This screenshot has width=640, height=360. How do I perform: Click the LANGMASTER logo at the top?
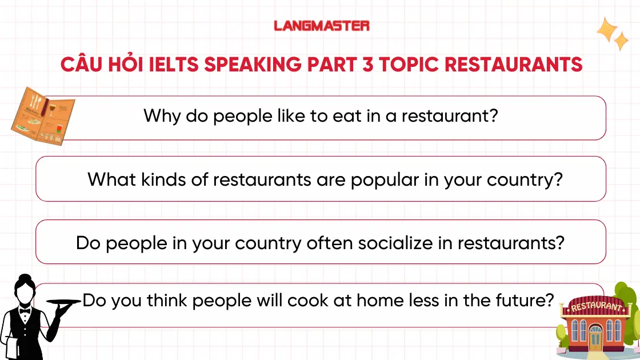pyautogui.click(x=321, y=26)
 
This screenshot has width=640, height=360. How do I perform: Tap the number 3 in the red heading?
pyautogui.click(x=365, y=63)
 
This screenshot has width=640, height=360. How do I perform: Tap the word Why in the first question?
pyautogui.click(x=162, y=116)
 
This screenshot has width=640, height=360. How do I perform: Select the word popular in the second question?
pyautogui.click(x=386, y=180)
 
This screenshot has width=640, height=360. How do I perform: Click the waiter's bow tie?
pyautogui.click(x=25, y=311)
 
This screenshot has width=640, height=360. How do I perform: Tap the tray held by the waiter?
pyautogui.click(x=64, y=301)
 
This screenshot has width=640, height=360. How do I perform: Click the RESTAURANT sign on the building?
pyautogui.click(x=595, y=307)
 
